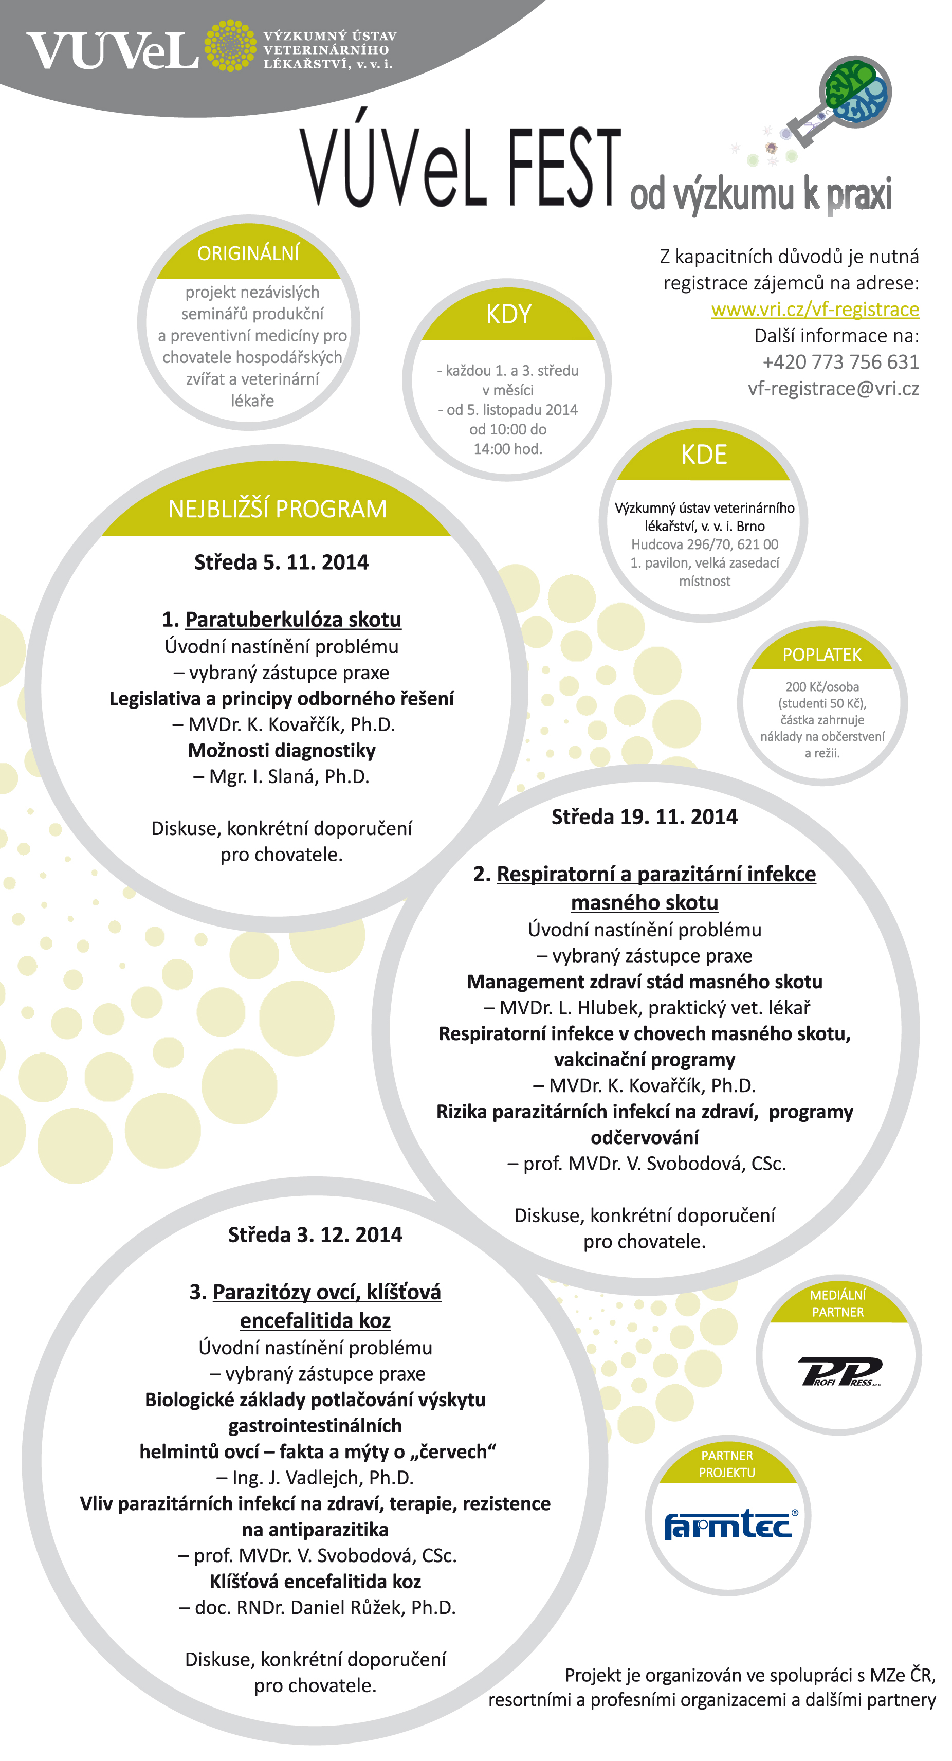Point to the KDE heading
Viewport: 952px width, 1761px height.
(x=704, y=455)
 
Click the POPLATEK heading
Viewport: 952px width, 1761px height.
(x=821, y=655)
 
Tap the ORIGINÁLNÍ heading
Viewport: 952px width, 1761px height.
(x=248, y=253)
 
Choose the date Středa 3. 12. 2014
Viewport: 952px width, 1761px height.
(x=315, y=1234)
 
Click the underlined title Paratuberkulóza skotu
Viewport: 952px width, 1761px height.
(x=292, y=620)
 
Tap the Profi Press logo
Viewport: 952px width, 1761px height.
(x=839, y=1371)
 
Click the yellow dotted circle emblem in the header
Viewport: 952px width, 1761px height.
(x=230, y=46)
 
